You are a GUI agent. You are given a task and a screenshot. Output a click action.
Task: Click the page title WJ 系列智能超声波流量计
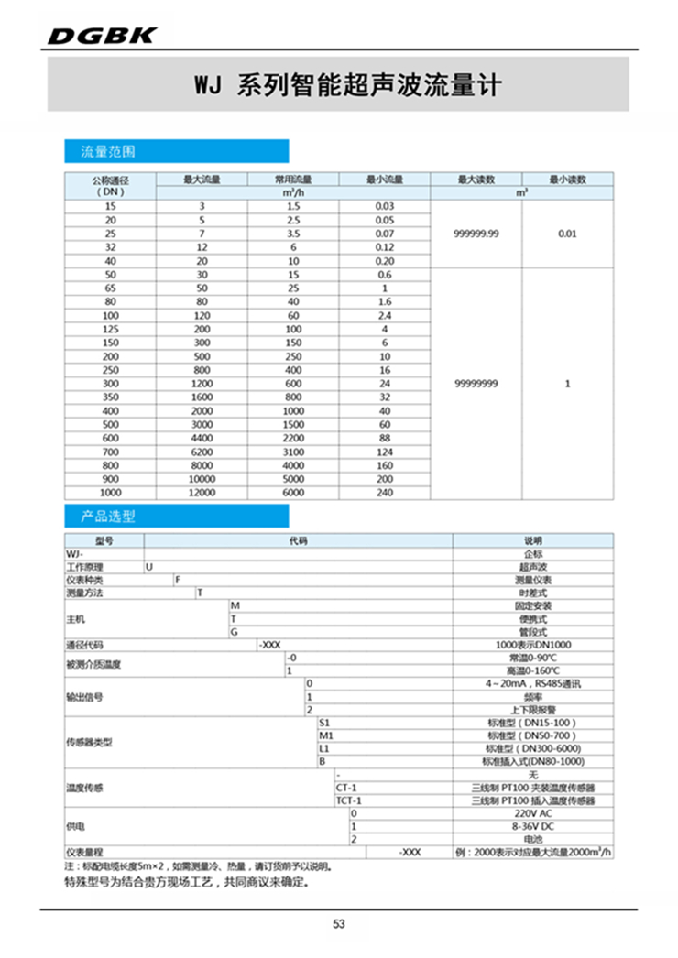(x=339, y=86)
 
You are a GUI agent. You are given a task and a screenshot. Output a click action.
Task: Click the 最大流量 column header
(x=202, y=180)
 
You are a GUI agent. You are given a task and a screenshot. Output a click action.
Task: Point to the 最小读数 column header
(x=567, y=180)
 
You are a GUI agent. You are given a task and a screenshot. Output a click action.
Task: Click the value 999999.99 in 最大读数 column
(x=476, y=234)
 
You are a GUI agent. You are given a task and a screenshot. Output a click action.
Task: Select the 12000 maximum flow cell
(x=202, y=493)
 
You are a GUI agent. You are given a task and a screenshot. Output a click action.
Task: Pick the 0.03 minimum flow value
(x=384, y=207)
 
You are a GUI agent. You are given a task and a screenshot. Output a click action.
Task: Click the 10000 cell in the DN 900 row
(x=202, y=479)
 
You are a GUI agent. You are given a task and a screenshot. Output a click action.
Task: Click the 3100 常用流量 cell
(x=292, y=452)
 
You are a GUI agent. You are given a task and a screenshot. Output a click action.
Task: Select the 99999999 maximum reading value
(x=476, y=384)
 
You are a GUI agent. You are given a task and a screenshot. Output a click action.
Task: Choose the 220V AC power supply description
(x=531, y=813)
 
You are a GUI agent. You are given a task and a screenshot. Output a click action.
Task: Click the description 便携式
(x=531, y=618)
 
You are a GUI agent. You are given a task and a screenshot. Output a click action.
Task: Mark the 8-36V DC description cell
(x=531, y=826)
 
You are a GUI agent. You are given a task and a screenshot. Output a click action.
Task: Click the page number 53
(x=339, y=924)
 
